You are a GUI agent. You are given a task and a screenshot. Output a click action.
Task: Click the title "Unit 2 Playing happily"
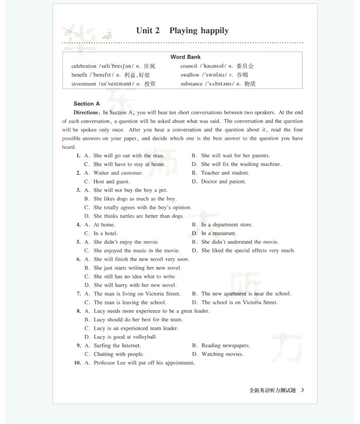click(182, 31)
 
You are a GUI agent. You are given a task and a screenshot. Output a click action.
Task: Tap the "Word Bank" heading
click(185, 57)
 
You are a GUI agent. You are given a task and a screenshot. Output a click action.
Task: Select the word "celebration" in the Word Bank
click(84, 66)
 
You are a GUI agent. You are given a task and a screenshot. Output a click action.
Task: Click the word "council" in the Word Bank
click(189, 66)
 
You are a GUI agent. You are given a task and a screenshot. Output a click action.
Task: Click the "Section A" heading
click(87, 104)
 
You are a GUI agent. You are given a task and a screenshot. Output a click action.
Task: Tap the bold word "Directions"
click(86, 112)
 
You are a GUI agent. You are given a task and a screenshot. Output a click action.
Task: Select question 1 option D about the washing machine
click(241, 164)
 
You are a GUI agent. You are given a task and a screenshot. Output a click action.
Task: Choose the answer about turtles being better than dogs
click(139, 216)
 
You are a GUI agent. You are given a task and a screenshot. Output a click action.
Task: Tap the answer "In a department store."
click(226, 225)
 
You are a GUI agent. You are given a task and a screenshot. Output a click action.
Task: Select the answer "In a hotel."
click(105, 234)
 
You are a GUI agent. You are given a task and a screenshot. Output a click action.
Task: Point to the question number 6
click(78, 259)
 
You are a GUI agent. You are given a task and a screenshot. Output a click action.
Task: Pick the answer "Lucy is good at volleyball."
click(125, 337)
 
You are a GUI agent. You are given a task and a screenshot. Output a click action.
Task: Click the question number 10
click(77, 363)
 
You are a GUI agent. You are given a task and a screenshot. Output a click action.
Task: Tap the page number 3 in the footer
click(303, 390)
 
